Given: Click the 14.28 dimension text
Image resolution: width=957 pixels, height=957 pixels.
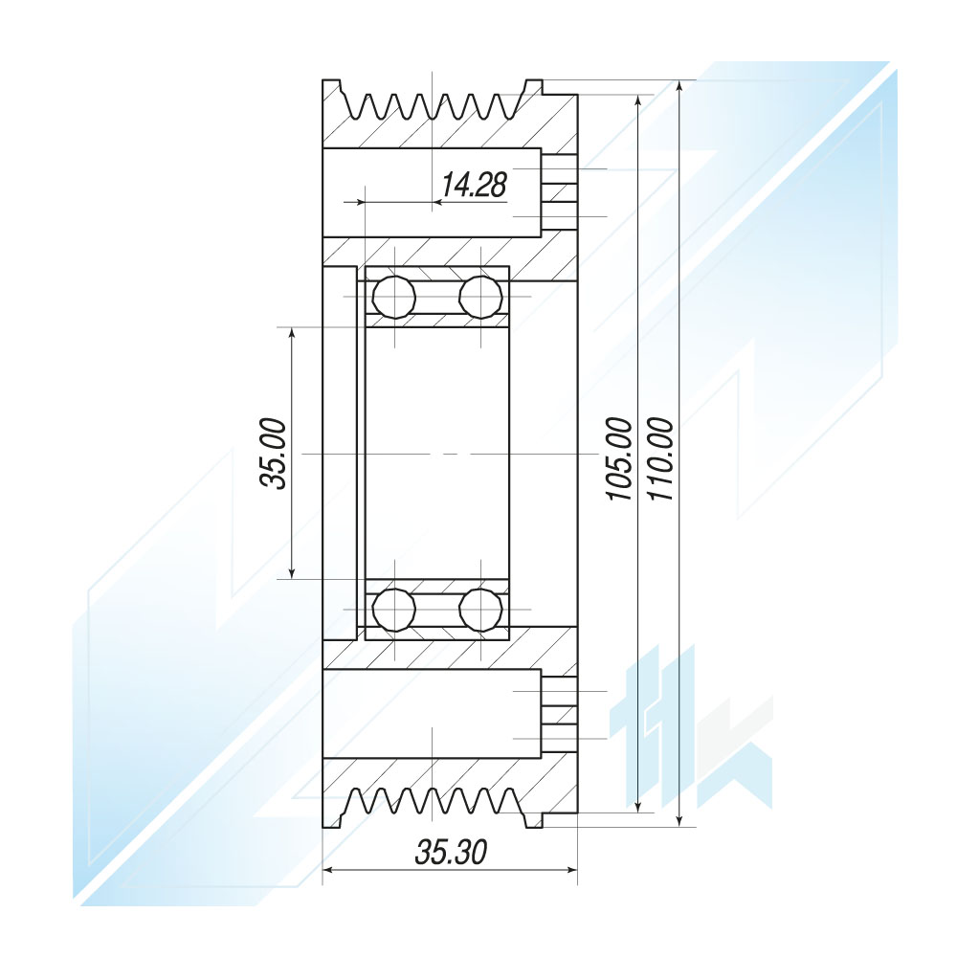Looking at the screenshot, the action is click(x=474, y=185).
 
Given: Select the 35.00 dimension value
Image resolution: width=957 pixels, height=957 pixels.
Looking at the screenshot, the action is click(x=273, y=454).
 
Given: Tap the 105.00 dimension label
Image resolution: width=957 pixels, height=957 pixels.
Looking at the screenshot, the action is click(x=618, y=459).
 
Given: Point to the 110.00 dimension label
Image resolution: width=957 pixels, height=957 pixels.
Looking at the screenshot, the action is click(x=660, y=459).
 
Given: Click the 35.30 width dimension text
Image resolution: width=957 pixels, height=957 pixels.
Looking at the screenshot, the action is click(x=451, y=852).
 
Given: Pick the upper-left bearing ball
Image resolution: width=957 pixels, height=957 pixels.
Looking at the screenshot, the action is click(x=394, y=297).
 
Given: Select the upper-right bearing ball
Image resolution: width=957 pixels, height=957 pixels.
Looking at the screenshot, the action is click(x=481, y=297).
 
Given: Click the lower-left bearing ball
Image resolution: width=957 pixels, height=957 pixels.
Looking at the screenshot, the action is click(x=394, y=610).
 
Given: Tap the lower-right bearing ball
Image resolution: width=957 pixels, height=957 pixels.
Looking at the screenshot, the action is click(x=481, y=610).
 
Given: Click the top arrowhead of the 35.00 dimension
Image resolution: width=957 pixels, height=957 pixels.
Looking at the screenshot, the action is click(x=292, y=333).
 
